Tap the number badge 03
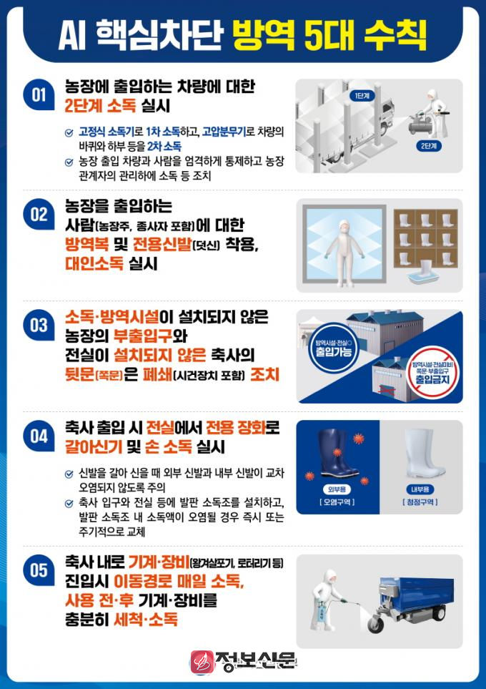point(39,325)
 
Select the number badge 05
point(39,570)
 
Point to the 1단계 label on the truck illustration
point(362,95)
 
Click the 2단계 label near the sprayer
point(429,146)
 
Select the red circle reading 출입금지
point(432,372)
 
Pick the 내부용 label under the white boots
point(420,489)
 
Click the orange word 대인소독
point(94,263)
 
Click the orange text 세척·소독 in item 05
point(146,620)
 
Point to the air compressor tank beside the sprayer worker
point(420,125)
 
